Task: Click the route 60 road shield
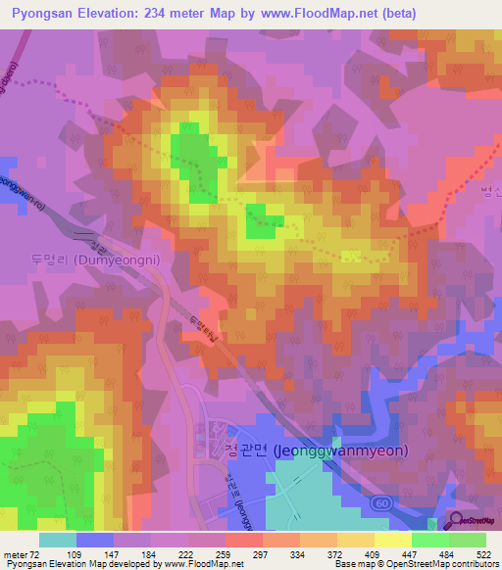coord(378,501)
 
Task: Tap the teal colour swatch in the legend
coord(57,540)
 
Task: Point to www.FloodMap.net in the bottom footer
coord(205,564)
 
